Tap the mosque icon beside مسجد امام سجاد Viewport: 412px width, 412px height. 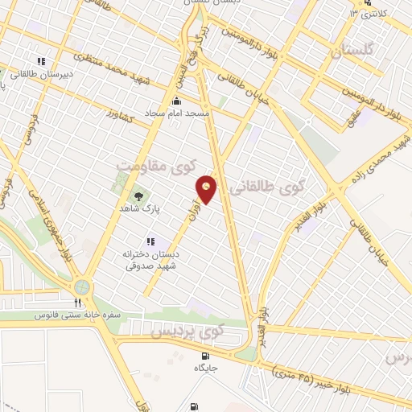click(x=177, y=102)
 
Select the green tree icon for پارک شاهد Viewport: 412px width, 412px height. click(x=138, y=196)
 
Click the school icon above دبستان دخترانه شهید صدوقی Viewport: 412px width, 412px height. click(x=149, y=241)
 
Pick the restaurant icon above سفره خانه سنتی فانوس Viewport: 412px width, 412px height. click(x=77, y=303)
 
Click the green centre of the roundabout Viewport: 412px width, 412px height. click(x=81, y=286)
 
